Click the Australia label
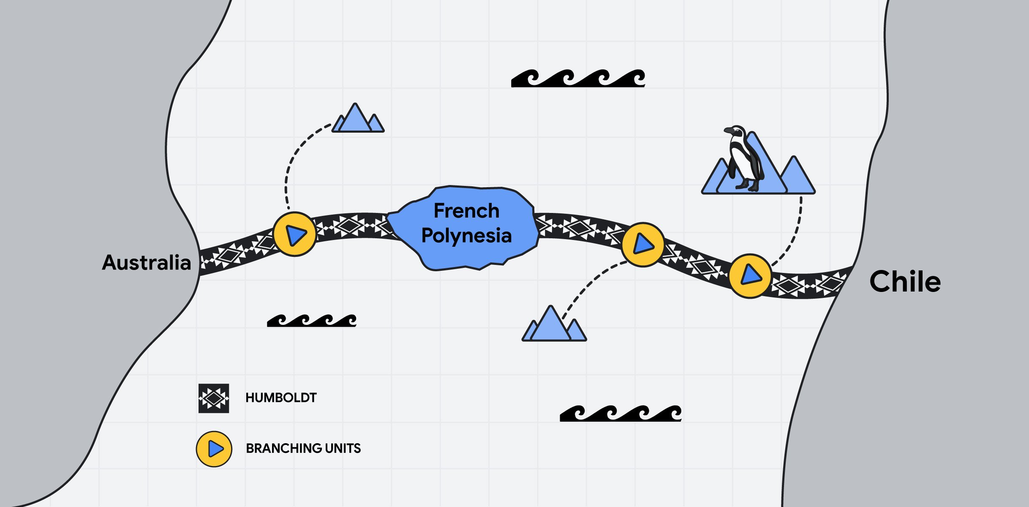pos(147,262)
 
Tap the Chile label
pos(905,281)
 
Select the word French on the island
pos(466,211)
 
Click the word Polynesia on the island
pos(466,235)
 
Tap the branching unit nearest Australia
pos(294,234)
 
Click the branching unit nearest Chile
pos(750,275)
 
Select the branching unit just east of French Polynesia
pos(642,244)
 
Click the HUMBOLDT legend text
pos(281,398)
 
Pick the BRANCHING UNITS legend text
pos(303,448)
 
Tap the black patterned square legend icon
pos(214,398)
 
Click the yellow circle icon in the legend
pos(214,449)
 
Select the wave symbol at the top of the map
pos(578,78)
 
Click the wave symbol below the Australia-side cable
pos(312,321)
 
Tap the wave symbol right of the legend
pos(620,413)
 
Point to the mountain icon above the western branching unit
pos(358,119)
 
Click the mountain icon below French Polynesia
pos(554,325)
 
